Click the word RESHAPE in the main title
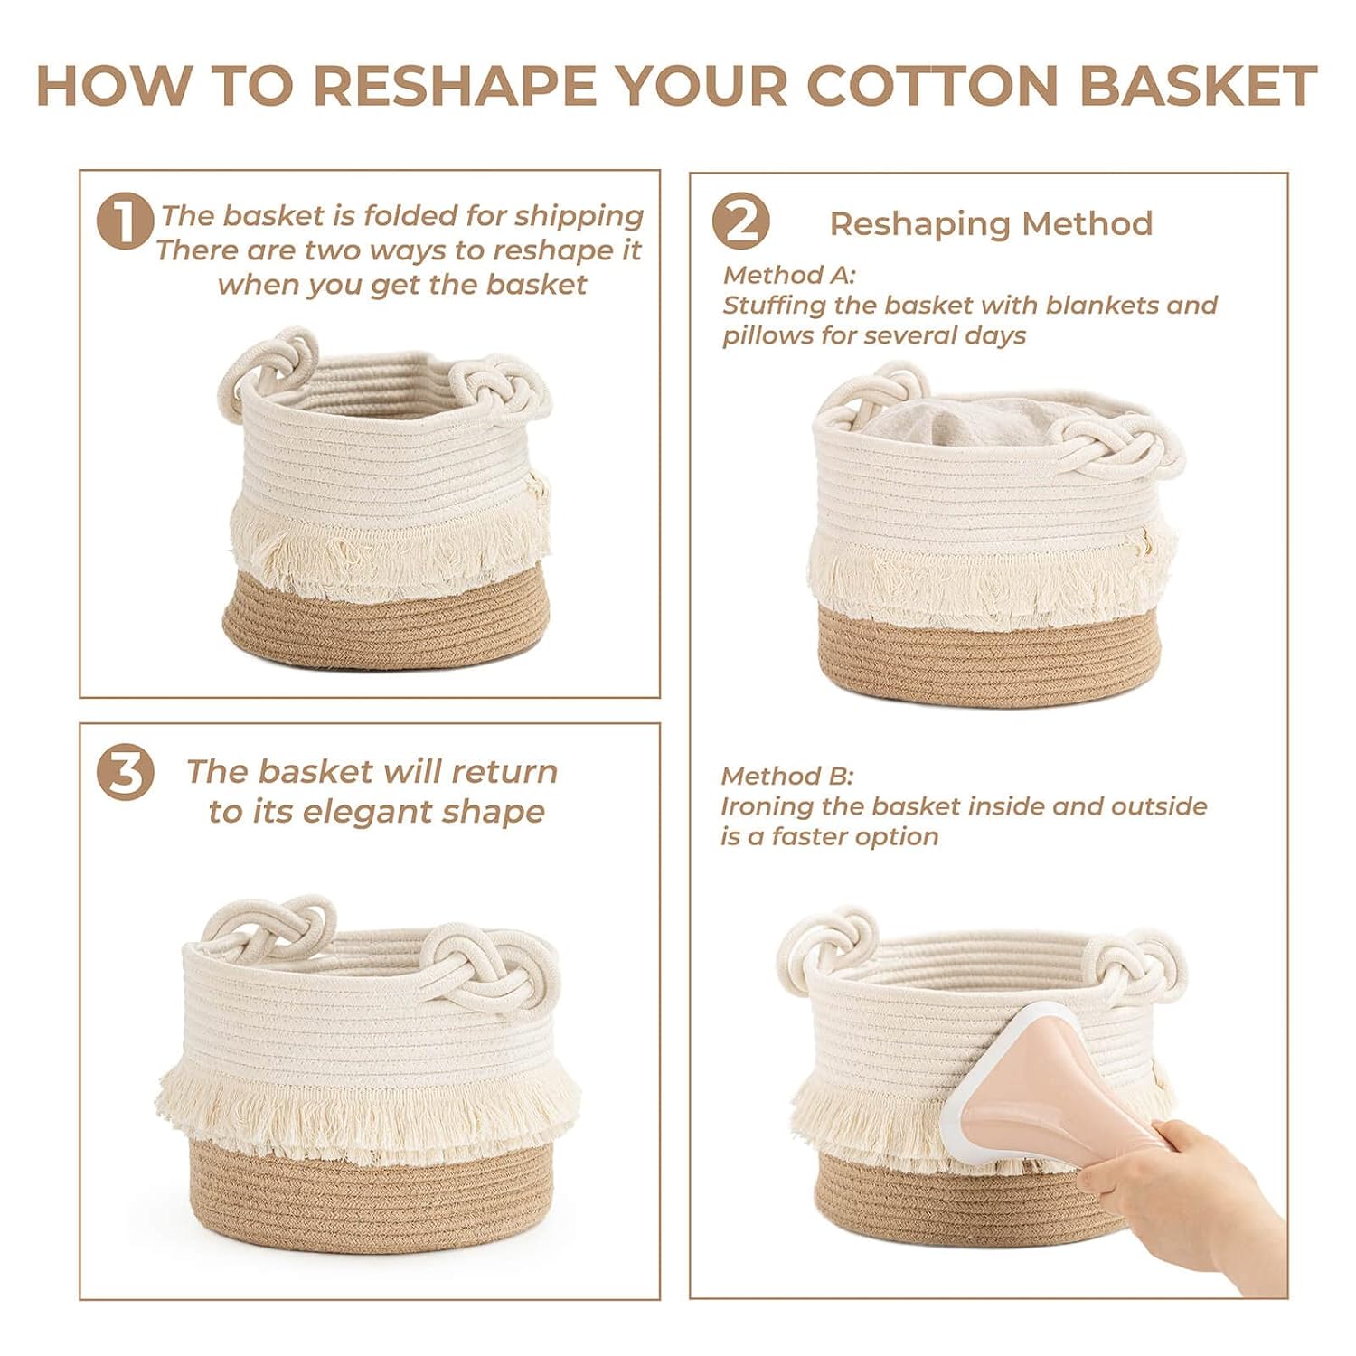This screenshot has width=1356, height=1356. click(455, 86)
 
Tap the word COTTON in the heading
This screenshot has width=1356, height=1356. click(933, 86)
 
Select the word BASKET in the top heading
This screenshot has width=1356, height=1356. click(1198, 86)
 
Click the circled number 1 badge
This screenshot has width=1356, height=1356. click(125, 221)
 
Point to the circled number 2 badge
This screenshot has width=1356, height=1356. click(740, 221)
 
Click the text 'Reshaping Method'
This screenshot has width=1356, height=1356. click(991, 223)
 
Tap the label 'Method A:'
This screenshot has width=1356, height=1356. click(788, 274)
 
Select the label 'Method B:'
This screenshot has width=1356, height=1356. click(786, 776)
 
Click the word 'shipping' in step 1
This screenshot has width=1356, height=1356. click(579, 217)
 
